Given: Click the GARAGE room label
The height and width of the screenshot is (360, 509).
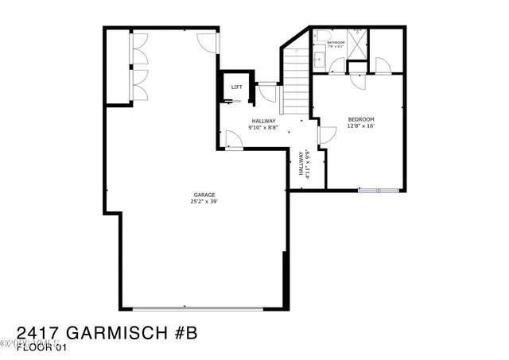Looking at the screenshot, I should click(x=204, y=195).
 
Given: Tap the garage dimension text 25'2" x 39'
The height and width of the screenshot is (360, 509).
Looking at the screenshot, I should click(x=204, y=202).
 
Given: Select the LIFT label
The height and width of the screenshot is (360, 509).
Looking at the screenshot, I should click(x=236, y=87).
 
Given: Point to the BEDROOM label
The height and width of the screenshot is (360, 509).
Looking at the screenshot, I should click(x=361, y=119).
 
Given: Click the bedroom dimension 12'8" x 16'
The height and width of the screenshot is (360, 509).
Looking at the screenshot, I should click(x=361, y=126).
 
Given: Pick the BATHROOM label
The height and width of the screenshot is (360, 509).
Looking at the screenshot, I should click(x=335, y=42).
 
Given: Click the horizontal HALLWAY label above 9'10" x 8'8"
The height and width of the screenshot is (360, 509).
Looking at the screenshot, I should click(x=262, y=121).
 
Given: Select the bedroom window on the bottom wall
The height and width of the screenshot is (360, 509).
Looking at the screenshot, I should click(x=379, y=191).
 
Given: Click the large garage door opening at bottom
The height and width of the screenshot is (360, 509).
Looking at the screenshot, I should click(x=200, y=308).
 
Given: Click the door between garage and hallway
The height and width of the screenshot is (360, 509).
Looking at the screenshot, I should click(x=233, y=141).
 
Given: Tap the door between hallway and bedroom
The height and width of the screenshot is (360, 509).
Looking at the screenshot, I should click(x=326, y=135).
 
